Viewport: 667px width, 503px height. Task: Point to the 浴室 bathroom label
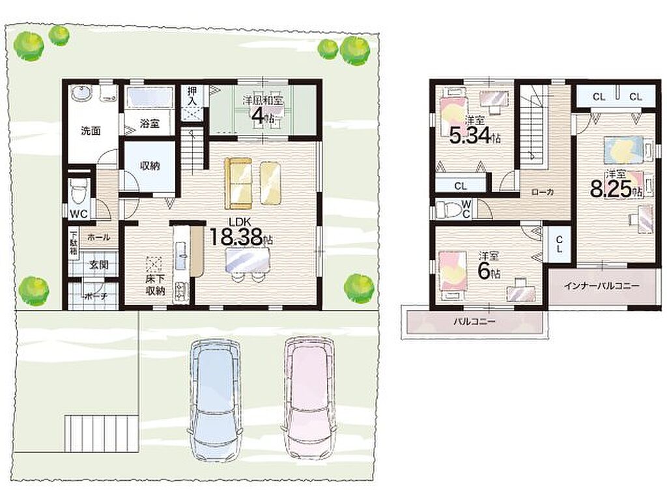(x=150, y=123)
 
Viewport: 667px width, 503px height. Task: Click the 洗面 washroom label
(x=91, y=131)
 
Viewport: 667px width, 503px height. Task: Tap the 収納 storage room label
(x=150, y=165)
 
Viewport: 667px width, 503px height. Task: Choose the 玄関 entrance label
(x=99, y=265)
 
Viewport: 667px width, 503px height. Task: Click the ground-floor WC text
(x=79, y=214)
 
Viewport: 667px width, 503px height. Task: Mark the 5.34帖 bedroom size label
(x=475, y=136)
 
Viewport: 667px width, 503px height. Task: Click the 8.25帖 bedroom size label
(x=616, y=189)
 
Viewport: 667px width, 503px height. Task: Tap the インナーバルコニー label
(x=601, y=286)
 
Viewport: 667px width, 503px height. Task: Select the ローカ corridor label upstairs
(x=543, y=192)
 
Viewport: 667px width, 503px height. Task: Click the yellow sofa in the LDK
(x=238, y=183)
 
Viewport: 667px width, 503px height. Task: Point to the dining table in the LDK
(x=248, y=259)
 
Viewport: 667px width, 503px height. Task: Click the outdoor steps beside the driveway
(x=101, y=433)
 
